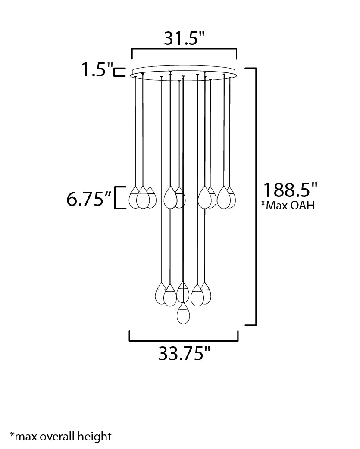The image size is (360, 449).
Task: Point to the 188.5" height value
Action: coord(290,190)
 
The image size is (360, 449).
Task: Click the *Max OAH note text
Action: coord(288,205)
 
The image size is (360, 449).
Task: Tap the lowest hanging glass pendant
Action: coord(184,314)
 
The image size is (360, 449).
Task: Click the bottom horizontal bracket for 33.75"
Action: coord(184,340)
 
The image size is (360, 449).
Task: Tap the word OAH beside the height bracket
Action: coord(303,205)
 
